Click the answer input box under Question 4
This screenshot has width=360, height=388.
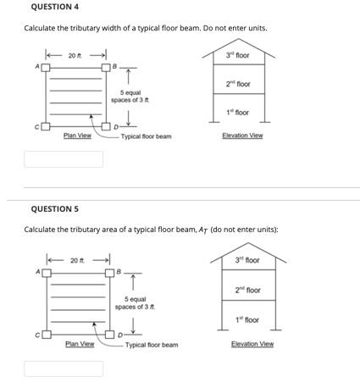click(63, 158)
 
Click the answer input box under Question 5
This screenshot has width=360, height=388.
click(63, 369)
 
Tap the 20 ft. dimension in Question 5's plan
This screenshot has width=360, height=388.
click(78, 260)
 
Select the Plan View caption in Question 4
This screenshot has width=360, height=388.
click(78, 136)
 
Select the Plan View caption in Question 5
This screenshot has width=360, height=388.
click(80, 344)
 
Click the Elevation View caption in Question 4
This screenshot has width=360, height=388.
click(242, 136)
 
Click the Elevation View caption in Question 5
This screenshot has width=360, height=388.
click(253, 344)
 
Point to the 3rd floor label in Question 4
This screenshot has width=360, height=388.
click(237, 55)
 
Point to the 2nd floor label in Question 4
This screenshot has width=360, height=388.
click(237, 84)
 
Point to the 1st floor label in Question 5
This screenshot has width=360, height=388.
click(247, 320)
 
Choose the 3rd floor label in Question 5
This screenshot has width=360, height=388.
click(247, 260)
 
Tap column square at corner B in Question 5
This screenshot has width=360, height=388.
click(111, 273)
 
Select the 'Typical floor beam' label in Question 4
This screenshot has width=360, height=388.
click(146, 136)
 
